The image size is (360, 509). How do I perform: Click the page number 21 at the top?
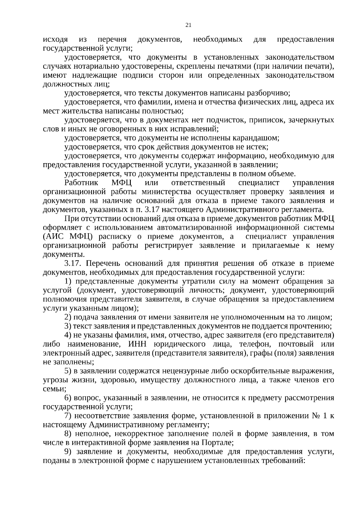[188, 25]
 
